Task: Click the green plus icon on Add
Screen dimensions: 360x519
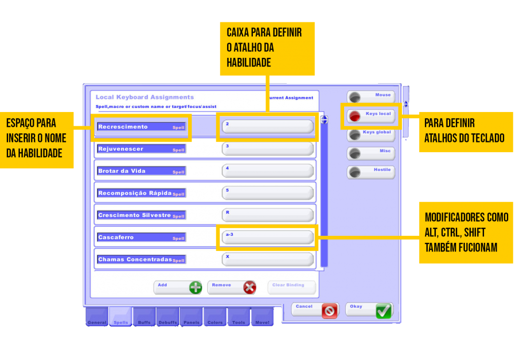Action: pyautogui.click(x=195, y=287)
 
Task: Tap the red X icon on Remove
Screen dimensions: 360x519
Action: pyautogui.click(x=249, y=287)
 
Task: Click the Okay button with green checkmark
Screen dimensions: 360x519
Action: pyautogui.click(x=369, y=310)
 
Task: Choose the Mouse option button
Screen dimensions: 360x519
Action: pyautogui.click(x=370, y=97)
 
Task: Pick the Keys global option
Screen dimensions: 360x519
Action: pyautogui.click(x=370, y=134)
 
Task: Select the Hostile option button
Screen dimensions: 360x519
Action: pyautogui.click(x=370, y=172)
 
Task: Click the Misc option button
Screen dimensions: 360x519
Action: pyautogui.click(x=370, y=153)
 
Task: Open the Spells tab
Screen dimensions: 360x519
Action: pyautogui.click(x=121, y=317)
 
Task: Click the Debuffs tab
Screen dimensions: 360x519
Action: pyautogui.click(x=168, y=317)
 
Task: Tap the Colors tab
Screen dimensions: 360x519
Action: pyautogui.click(x=215, y=317)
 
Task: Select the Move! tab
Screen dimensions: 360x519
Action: pyautogui.click(x=262, y=317)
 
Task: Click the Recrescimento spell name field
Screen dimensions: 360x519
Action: pyautogui.click(x=141, y=127)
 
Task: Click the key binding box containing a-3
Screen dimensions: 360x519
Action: pyautogui.click(x=268, y=237)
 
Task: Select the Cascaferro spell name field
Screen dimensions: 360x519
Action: pyautogui.click(x=141, y=237)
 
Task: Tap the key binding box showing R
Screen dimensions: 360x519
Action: pyautogui.click(x=268, y=215)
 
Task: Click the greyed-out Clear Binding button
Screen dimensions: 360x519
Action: pyautogui.click(x=291, y=287)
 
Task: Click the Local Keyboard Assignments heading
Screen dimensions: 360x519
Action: pyautogui.click(x=144, y=97)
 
